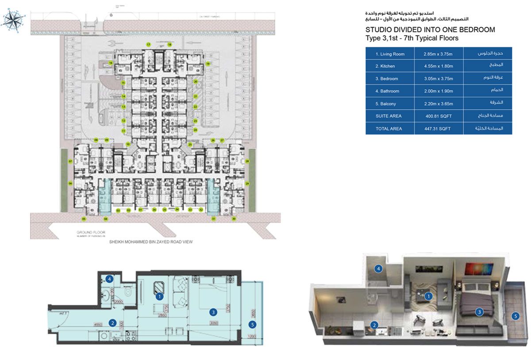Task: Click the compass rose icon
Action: (x=13, y=20)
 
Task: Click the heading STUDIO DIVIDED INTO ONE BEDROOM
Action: (x=430, y=30)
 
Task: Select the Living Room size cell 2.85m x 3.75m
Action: (x=438, y=54)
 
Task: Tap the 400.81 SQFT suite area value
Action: (x=438, y=116)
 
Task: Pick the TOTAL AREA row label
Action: (x=389, y=129)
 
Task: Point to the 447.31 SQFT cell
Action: (x=438, y=129)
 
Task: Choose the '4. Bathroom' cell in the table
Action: (x=389, y=91)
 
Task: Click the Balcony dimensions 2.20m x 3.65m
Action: (x=438, y=104)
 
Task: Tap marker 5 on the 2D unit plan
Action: (x=252, y=324)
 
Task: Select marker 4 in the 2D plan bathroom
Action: (x=109, y=279)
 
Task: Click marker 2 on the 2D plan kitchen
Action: (x=113, y=323)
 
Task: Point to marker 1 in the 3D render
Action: (x=428, y=297)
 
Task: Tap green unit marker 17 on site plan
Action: (x=149, y=45)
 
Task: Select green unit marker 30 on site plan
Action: (x=234, y=218)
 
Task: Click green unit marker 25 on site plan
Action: (x=190, y=145)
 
